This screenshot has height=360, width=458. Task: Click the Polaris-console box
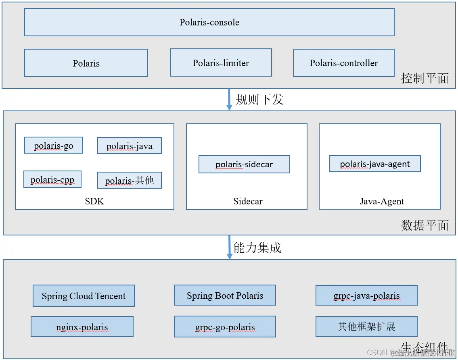pos(209,22)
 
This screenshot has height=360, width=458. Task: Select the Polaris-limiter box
pos(221,63)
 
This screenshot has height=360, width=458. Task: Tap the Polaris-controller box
pos(343,63)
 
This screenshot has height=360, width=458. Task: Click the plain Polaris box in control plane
pos(86,63)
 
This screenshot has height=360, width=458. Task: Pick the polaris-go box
pos(54,145)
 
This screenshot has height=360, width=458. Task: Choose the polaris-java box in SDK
pos(130,146)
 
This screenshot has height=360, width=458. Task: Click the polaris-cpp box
pos(52,179)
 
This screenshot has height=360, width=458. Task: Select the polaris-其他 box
pos(130,180)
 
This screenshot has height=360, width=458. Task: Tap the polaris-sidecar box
pos(244,164)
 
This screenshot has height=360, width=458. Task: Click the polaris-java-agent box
pos(375,164)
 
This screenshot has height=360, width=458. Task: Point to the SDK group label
pos(94,201)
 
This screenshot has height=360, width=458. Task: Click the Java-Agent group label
pos(382,201)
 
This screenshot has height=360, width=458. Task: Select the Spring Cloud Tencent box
pos(84,296)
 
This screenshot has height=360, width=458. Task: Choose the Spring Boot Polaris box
pos(225,295)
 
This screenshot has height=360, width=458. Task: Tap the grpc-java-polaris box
pos(366,295)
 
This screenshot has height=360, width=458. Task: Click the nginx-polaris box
pos(82,327)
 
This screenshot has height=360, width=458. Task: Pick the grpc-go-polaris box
pos(225,327)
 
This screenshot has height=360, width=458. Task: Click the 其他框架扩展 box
pos(366,326)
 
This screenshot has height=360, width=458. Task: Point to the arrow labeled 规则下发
pos(229,99)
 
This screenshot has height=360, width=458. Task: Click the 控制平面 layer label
pos(425,78)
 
